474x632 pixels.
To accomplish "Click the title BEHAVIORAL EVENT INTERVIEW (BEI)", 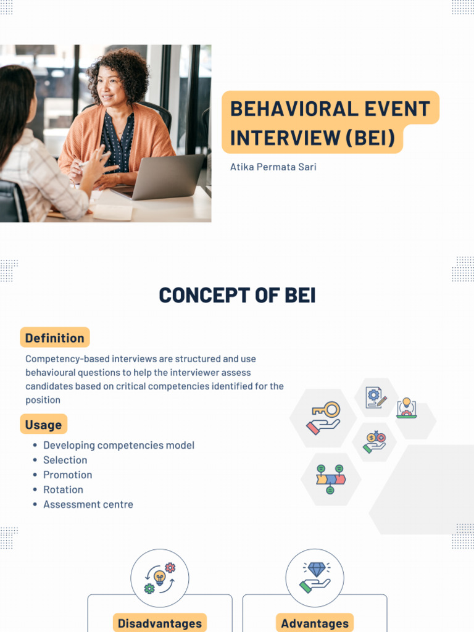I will tap(330, 123).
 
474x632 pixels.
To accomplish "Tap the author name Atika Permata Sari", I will tap(273, 167).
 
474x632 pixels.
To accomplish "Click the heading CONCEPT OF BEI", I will tap(237, 296).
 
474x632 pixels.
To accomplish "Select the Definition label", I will tap(55, 338).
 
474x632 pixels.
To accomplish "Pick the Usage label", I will tap(43, 425).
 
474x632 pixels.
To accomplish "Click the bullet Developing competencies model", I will tap(118, 445).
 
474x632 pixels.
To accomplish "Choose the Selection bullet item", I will tap(65, 460).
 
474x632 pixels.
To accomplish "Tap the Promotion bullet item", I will tap(67, 475).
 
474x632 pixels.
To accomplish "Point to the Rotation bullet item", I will tap(63, 489).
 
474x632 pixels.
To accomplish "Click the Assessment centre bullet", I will tap(88, 504).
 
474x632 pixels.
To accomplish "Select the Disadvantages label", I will tap(160, 623).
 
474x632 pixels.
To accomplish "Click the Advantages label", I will tap(315, 623).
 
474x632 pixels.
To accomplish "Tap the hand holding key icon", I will tap(323, 418).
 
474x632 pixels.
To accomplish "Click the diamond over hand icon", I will tap(315, 578).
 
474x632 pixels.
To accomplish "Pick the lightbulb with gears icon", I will tap(160, 578).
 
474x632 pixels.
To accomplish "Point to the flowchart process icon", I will tap(330, 479).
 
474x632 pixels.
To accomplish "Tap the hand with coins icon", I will tap(375, 442).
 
